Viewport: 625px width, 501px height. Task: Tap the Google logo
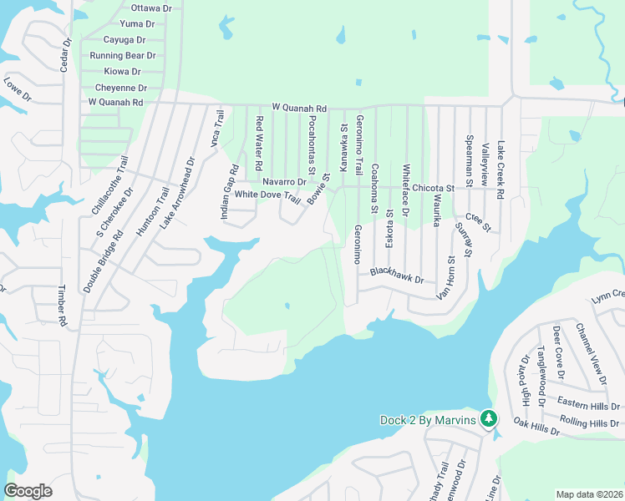[x=28, y=491]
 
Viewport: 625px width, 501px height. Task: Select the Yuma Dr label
[x=139, y=23]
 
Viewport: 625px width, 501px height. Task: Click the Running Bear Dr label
[x=123, y=56]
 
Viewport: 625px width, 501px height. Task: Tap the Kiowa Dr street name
[x=123, y=72]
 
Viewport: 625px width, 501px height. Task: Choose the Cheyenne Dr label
[x=121, y=88]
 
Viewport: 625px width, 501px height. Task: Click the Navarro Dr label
[x=284, y=181]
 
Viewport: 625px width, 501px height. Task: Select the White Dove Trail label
[x=267, y=195]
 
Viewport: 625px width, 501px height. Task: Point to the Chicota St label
[x=432, y=189]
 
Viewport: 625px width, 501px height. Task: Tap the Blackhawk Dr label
[x=397, y=275]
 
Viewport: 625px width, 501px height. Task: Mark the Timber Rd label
[x=62, y=305]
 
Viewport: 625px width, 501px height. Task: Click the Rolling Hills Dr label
[x=590, y=423]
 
